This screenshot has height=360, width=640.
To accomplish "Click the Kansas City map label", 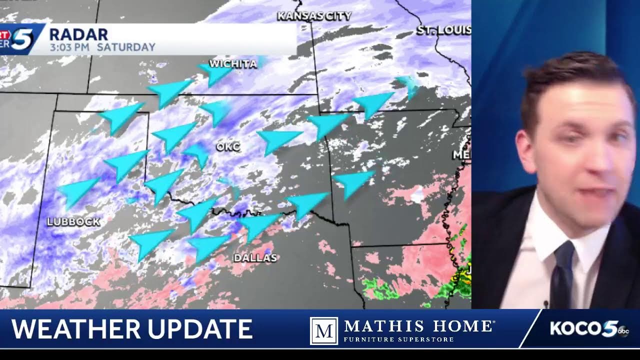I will pos(314,16).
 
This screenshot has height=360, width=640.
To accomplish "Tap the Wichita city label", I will pos(233,64).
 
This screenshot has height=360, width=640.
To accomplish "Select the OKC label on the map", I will pos(228,147).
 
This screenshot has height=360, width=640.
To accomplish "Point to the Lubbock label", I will pos(73,222).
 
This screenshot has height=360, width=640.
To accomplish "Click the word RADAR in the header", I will pos(78,34).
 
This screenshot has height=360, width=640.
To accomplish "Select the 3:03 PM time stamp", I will pos(70,47).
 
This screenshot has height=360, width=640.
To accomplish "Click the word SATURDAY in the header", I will pos(126,47).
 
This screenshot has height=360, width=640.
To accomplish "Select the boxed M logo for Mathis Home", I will pos(323,330).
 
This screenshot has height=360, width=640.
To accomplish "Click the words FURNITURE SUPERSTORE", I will pos(398,339).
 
